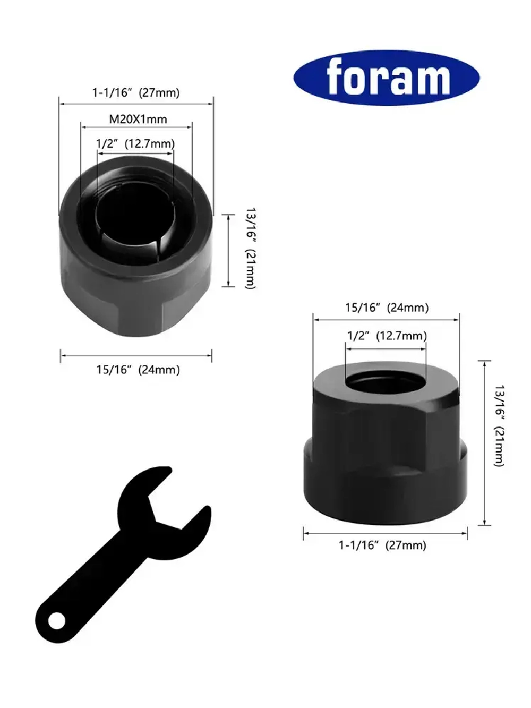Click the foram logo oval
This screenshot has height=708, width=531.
click(x=387, y=78)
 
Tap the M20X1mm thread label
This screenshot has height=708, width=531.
click(x=138, y=119)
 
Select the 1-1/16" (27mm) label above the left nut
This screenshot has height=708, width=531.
click(x=136, y=92)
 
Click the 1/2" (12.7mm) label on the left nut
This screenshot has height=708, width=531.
click(x=135, y=143)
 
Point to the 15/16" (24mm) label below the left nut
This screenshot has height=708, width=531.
click(x=138, y=370)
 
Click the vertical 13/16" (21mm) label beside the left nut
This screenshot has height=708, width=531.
click(x=250, y=249)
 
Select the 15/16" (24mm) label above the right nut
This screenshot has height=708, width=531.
click(x=387, y=308)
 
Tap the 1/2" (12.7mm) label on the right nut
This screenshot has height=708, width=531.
click(x=387, y=336)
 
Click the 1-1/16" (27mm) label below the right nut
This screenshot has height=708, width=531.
click(x=382, y=545)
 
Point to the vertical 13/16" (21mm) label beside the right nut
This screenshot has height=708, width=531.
click(x=499, y=426)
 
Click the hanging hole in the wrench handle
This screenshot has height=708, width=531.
click(x=56, y=620)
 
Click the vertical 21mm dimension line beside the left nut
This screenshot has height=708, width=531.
click(x=228, y=251)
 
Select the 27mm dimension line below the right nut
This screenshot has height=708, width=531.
click(x=386, y=533)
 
